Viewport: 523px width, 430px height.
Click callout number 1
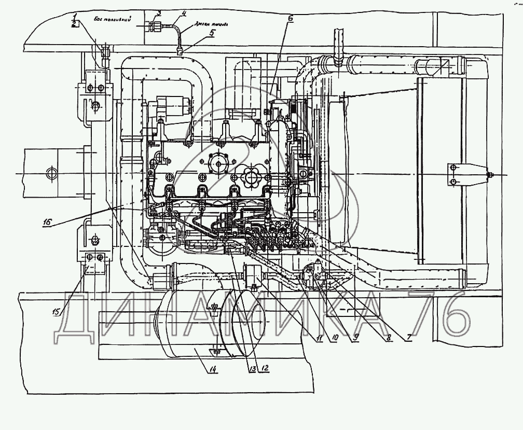[x=75, y=17]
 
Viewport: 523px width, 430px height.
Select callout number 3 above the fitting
[x=159, y=12]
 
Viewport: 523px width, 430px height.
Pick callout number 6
[x=290, y=19]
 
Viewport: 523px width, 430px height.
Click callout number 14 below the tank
[x=213, y=369]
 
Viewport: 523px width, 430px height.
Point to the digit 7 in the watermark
[x=423, y=314]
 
